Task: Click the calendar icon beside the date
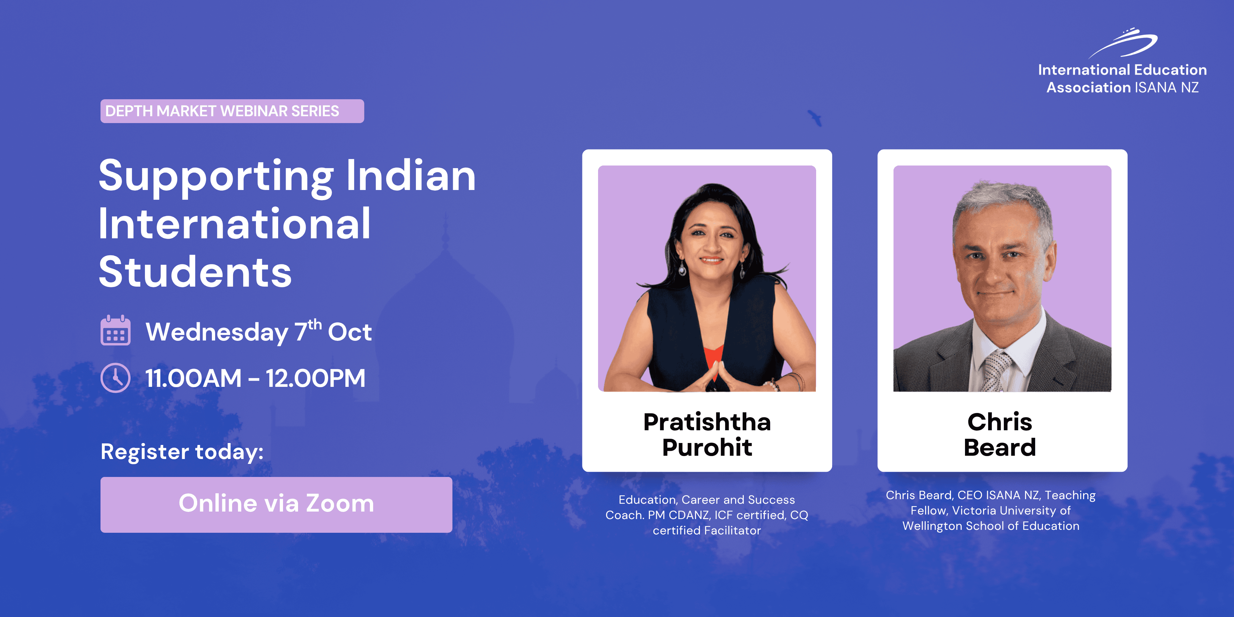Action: click(116, 330)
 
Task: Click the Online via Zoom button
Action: click(277, 504)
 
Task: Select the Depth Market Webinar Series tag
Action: click(232, 111)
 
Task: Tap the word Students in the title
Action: click(196, 272)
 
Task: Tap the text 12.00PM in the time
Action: click(316, 378)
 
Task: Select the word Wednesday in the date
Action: click(217, 332)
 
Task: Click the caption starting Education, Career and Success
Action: click(707, 515)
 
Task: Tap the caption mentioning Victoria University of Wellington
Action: click(991, 510)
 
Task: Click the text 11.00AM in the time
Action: click(194, 378)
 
